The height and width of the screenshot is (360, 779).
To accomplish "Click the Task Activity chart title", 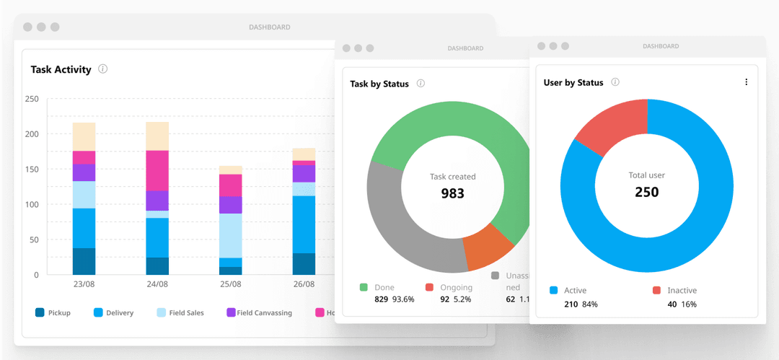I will [61, 70].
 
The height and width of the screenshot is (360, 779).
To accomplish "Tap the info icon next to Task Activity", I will [102, 69].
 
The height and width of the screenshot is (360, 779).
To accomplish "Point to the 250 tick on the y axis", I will [31, 99].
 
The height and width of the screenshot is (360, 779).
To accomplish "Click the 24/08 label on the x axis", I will [157, 284].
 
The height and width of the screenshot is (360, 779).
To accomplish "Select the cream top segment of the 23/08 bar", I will [84, 136].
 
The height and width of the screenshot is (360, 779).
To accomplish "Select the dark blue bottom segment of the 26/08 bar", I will [304, 263].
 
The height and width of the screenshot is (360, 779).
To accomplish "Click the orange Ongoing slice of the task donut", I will [488, 245].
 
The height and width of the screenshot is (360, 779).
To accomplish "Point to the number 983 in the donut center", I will [452, 193].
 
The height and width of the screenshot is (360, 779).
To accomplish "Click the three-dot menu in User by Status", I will [746, 82].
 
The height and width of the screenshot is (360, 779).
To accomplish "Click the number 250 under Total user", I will [646, 192].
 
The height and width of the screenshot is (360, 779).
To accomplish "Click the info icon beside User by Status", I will [615, 82].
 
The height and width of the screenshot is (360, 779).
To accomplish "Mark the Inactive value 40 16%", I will [682, 304].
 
